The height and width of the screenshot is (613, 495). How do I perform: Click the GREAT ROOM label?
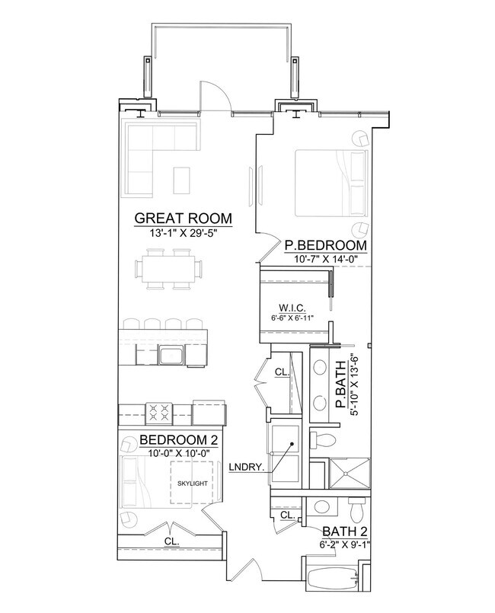(183, 218)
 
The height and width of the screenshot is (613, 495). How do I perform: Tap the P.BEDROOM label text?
(326, 245)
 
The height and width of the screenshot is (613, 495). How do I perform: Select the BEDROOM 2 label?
(178, 440)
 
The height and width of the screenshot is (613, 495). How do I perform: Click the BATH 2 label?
(345, 532)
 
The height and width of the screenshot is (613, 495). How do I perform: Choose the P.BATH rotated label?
(341, 385)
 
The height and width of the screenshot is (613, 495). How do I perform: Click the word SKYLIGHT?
(193, 484)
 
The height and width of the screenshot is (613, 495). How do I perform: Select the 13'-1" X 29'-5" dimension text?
(183, 233)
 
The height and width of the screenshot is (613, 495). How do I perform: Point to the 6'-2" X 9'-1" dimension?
(345, 544)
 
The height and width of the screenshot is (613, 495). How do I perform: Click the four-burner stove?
(159, 413)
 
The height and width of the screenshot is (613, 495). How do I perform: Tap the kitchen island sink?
(171, 355)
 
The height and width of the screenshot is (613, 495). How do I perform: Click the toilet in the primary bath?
(322, 440)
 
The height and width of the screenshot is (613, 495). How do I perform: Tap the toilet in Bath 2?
(356, 509)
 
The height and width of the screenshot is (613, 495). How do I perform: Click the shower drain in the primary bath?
(346, 474)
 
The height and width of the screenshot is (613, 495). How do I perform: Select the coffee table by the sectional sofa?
(182, 180)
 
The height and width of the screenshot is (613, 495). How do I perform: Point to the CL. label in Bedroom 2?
(171, 541)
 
